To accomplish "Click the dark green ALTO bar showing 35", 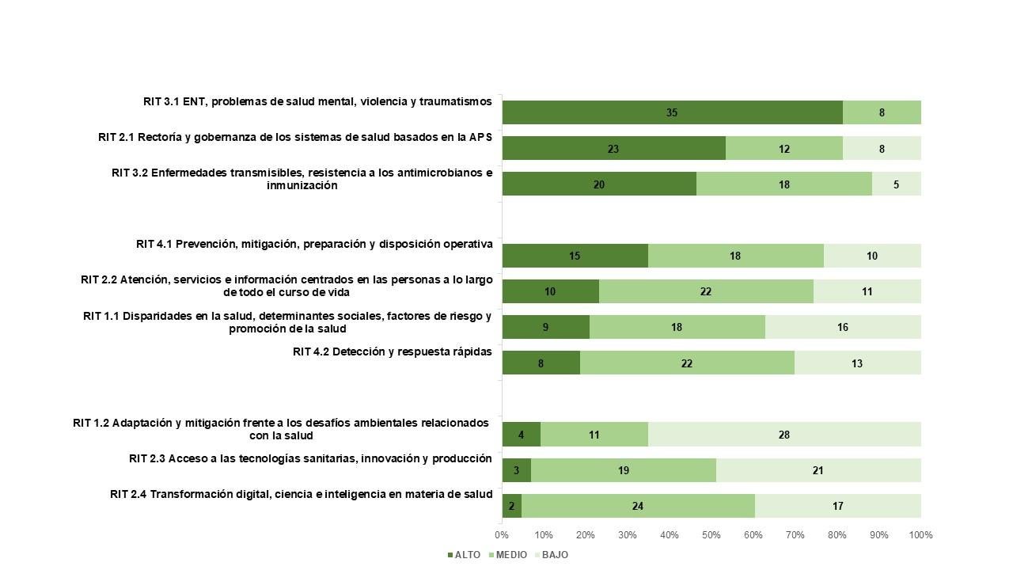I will (672, 112).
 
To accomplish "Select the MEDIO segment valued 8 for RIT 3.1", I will (882, 112).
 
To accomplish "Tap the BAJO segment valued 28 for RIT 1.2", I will (784, 435).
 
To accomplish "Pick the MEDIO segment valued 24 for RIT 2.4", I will (638, 506).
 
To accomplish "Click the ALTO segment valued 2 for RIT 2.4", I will (512, 506).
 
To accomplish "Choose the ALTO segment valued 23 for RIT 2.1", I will (613, 149).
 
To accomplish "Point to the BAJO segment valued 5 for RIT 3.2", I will (896, 184).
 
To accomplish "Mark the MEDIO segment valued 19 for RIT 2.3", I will (624, 470).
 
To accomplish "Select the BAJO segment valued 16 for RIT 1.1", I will (843, 327).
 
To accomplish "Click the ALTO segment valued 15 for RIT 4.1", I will (575, 256).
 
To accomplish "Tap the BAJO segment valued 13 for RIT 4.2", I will (857, 363).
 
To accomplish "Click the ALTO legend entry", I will (464, 555).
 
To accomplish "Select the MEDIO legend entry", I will (508, 555).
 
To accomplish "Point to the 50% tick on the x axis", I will (711, 535).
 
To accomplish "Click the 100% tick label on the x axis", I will (920, 535).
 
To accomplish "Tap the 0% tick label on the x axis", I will (502, 535).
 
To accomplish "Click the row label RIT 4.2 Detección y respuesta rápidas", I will (392, 351).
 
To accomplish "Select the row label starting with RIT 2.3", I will (310, 458).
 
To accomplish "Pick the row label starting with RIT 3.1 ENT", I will (317, 101).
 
